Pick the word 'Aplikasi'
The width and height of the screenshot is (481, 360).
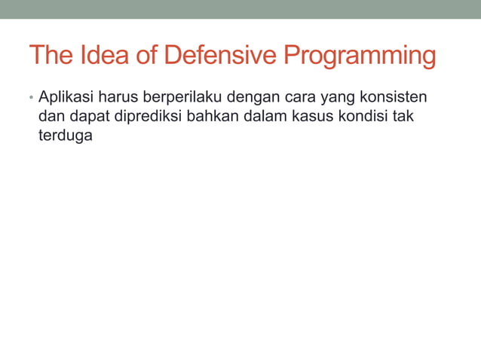(x=64, y=98)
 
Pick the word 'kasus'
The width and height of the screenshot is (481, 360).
(x=301, y=117)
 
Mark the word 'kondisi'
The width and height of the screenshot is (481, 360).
(x=352, y=117)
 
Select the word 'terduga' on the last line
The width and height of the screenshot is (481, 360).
(x=65, y=136)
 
